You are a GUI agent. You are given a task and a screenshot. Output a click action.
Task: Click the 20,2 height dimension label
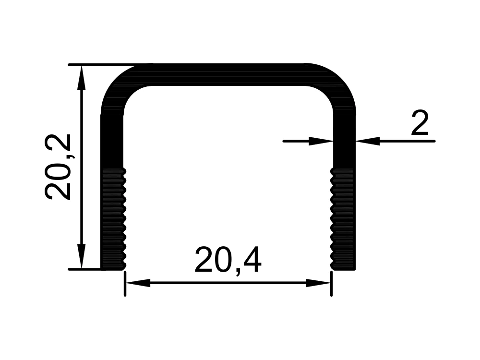coord(58,167)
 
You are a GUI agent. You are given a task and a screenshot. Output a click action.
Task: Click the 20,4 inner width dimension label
coord(228,260)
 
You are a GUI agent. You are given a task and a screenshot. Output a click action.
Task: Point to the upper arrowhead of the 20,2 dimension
coord(81,78)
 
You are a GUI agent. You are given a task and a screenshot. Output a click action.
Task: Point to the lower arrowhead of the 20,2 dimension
coord(81,256)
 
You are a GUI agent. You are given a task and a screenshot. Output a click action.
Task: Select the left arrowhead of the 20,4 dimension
coord(138,283)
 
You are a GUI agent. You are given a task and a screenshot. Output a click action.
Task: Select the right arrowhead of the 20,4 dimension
coord(318,283)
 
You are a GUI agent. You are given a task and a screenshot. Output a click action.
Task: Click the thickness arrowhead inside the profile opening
coord(321,141)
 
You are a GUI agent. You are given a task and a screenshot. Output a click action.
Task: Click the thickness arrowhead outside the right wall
coord(368,141)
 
